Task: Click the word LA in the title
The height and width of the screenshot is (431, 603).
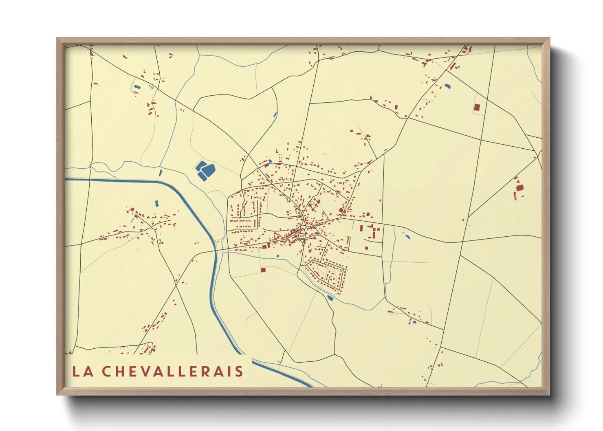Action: (81, 372)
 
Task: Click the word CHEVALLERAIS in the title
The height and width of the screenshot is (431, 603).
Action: (172, 372)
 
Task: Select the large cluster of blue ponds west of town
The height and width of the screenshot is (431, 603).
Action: (205, 170)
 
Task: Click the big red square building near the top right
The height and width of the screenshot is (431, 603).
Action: (477, 108)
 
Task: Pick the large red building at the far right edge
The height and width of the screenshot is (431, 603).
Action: (519, 188)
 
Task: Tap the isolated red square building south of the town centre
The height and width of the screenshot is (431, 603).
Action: (263, 270)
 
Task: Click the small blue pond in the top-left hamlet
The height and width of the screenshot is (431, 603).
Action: (136, 87)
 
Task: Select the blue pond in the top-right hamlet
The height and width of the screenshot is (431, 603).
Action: (448, 86)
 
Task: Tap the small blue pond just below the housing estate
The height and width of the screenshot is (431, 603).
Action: (330, 298)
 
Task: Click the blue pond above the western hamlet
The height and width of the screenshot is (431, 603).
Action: (156, 202)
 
